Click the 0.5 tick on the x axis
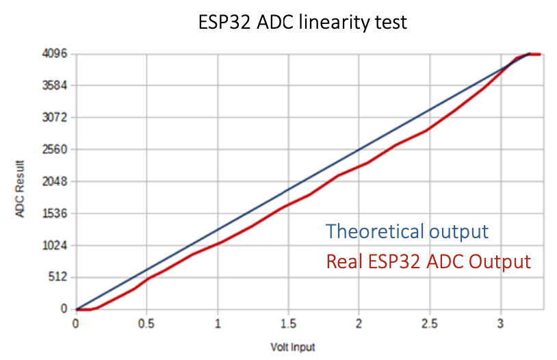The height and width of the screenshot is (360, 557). tap(146, 323)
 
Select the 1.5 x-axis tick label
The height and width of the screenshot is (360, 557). tap(288, 323)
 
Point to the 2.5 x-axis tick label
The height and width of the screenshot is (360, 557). tap(430, 323)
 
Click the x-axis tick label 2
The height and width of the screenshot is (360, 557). tap(359, 323)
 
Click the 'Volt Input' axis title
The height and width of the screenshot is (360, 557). tap(292, 347)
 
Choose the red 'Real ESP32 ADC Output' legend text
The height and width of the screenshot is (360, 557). tap(428, 261)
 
